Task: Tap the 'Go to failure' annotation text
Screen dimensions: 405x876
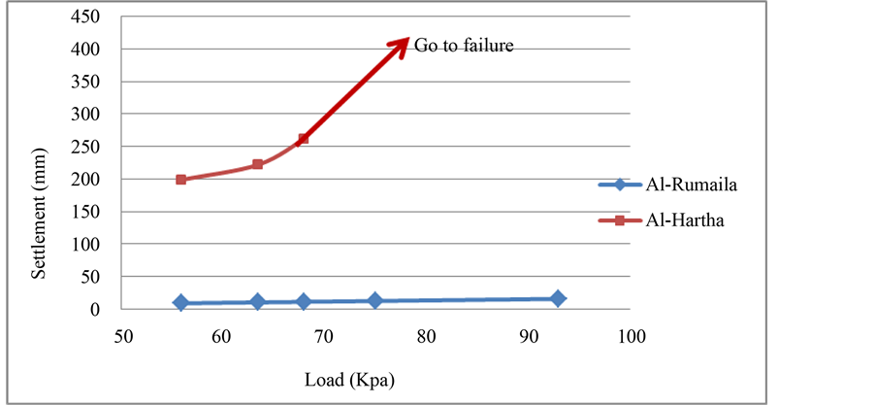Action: [463, 45]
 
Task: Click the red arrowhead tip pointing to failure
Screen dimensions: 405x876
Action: [408, 40]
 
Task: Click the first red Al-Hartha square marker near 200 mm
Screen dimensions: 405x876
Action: [181, 180]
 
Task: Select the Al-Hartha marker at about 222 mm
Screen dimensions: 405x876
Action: [258, 164]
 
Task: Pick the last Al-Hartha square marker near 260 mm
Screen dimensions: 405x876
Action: [304, 139]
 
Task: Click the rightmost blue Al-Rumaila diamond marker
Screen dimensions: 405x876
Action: [558, 298]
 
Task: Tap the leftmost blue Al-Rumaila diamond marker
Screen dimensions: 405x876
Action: [181, 302]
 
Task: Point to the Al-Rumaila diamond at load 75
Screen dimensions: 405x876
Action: [375, 300]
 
